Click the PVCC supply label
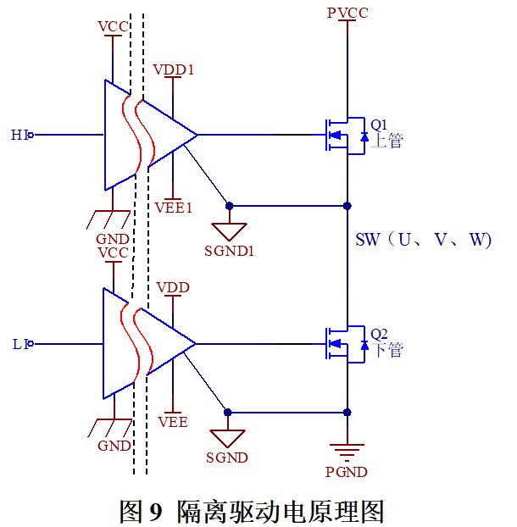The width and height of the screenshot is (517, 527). tap(347, 13)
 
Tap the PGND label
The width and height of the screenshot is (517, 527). tap(347, 472)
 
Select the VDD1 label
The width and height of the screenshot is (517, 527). tap(174, 69)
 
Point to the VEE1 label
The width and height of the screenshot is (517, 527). tap(174, 208)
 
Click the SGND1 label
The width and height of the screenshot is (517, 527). tap(229, 251)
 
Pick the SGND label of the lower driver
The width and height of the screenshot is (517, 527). tap(227, 458)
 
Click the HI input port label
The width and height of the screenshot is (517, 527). tap(19, 135)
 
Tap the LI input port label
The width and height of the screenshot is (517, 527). tap(19, 344)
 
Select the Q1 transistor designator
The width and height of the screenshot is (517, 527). tap(379, 125)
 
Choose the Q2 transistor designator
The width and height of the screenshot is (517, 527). tap(379, 334)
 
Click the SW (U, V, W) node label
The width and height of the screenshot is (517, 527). tap(423, 240)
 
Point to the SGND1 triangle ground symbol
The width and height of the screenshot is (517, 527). tap(229, 231)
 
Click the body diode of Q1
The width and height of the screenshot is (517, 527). tap(364, 136)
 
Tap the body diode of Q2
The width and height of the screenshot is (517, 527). tap(364, 345)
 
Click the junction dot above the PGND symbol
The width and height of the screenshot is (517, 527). tap(347, 413)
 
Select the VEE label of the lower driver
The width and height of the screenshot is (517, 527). tap(173, 422)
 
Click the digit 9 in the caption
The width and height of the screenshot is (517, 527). tap(155, 511)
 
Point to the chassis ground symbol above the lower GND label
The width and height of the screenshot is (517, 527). tap(109, 428)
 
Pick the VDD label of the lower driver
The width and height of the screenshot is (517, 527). tap(173, 287)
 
